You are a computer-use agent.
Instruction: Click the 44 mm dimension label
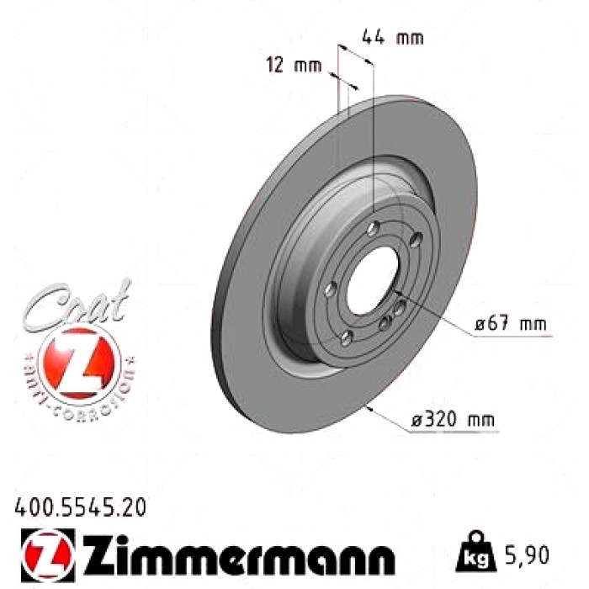(x=393, y=38)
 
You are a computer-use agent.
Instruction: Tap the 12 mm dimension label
(x=294, y=66)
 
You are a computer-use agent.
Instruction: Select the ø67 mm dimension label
(x=510, y=324)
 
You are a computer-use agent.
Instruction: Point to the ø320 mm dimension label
(x=453, y=419)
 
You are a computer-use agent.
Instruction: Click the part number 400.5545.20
(x=80, y=507)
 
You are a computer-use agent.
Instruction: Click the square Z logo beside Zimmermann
(x=48, y=555)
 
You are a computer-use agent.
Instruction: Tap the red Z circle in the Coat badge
(x=79, y=363)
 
